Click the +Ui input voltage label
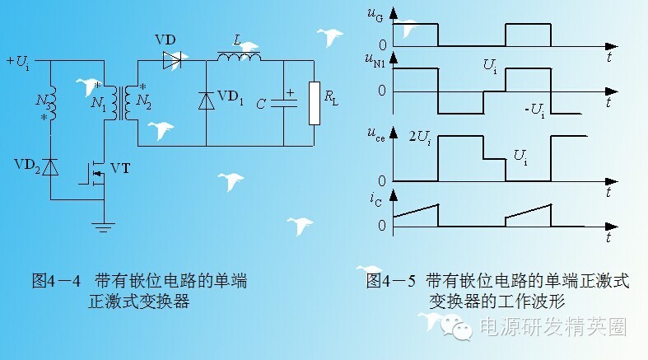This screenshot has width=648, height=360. [20, 61]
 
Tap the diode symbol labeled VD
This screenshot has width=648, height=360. [171, 58]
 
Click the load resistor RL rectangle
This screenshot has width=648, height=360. [314, 102]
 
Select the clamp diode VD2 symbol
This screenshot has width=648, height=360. [51, 167]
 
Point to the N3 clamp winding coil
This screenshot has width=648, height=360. [52, 103]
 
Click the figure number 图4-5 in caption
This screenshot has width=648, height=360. [393, 281]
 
